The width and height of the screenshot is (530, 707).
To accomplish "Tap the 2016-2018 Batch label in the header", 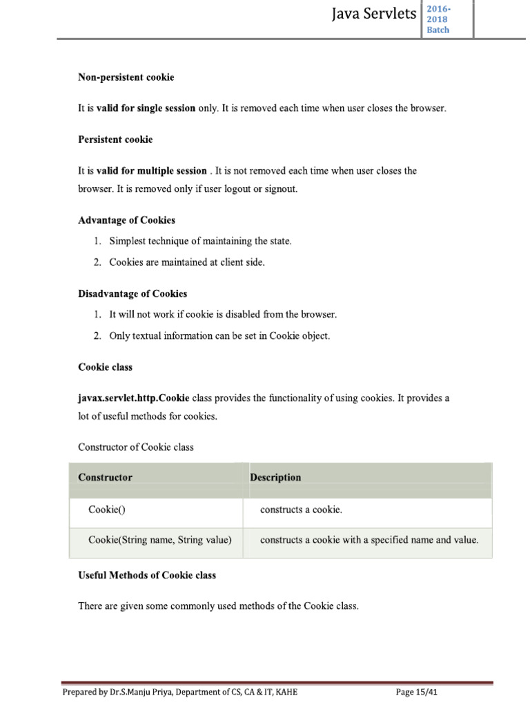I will tap(438, 19).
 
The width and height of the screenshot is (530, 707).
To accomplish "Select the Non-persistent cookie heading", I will tap(126, 77).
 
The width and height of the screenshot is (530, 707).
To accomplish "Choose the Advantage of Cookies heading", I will tap(126, 220).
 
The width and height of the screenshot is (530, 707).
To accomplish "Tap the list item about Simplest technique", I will tap(200, 241).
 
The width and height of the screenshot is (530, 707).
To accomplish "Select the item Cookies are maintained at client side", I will tap(186, 262).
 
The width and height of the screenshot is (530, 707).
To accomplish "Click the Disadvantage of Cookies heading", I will tap(132, 293).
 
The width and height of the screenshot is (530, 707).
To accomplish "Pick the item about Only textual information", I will tap(219, 336).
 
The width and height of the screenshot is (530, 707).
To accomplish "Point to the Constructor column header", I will tap(105, 477).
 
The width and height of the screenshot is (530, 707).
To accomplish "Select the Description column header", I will tap(275, 477).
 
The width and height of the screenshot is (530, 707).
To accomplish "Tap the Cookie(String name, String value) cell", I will tap(160, 540).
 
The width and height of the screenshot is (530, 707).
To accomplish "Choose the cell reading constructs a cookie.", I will tap(301, 510).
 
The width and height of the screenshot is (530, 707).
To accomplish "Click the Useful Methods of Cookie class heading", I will tap(147, 575).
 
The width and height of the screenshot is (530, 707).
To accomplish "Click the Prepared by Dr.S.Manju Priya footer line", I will tap(180, 692).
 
